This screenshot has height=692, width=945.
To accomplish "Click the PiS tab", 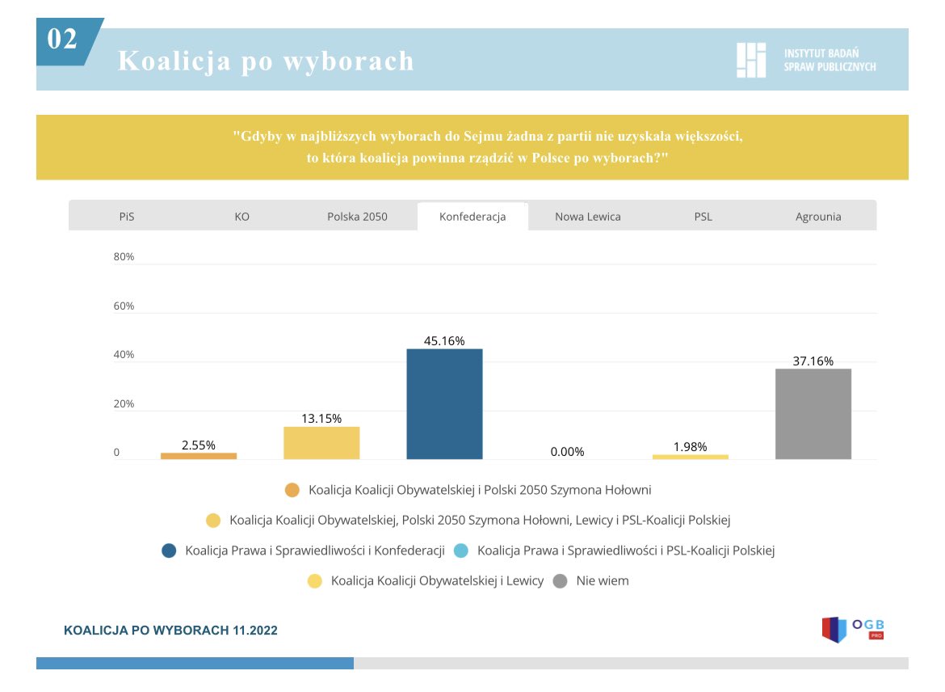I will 126,217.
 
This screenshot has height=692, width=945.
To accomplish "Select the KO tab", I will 241,217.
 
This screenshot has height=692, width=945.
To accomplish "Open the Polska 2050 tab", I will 357,217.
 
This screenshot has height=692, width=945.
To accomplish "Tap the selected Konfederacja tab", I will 472,217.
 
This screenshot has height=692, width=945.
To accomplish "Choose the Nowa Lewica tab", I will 588,217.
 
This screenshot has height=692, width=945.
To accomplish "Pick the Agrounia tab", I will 818,217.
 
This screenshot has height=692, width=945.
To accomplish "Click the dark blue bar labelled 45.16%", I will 444,404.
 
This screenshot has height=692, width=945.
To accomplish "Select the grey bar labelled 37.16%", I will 813,414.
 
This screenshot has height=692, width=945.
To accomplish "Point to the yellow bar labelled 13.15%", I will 321,443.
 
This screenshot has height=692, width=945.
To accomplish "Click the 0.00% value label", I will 567,452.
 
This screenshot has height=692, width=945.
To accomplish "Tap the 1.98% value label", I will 690,446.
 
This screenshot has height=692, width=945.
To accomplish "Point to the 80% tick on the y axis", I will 124,257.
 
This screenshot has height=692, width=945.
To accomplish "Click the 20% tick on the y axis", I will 124,404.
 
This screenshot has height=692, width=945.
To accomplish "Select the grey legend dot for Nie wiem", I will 560,580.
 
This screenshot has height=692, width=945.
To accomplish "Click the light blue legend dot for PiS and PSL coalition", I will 461,551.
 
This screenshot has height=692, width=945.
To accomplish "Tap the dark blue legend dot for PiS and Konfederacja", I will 169,551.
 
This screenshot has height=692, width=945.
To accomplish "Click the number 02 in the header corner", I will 62,39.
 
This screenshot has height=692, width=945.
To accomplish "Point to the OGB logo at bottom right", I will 853,628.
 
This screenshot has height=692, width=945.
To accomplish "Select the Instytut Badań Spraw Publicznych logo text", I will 829,60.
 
